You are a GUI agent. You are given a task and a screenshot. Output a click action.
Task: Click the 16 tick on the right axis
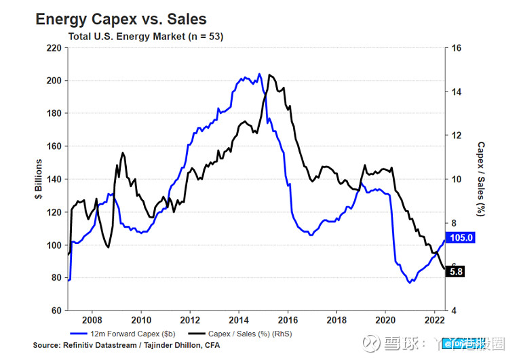tap(457, 48)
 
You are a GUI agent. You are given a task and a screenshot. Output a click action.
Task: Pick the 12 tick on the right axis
tap(457, 136)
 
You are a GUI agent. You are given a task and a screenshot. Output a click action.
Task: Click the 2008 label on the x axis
tap(92, 320)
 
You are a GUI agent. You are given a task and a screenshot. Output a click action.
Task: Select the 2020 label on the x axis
tap(385, 320)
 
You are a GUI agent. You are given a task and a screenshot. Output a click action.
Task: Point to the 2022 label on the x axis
tap(434, 320)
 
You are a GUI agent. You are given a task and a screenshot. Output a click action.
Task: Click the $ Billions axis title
tap(39, 179)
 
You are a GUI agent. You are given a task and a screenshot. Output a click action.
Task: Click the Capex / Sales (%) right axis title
tap(480, 179)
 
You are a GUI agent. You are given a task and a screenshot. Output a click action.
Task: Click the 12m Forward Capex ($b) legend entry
tap(125, 334)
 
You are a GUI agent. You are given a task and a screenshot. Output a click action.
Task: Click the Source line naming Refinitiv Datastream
tap(126, 346)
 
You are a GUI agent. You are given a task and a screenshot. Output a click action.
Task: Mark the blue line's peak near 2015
tap(259, 74)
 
